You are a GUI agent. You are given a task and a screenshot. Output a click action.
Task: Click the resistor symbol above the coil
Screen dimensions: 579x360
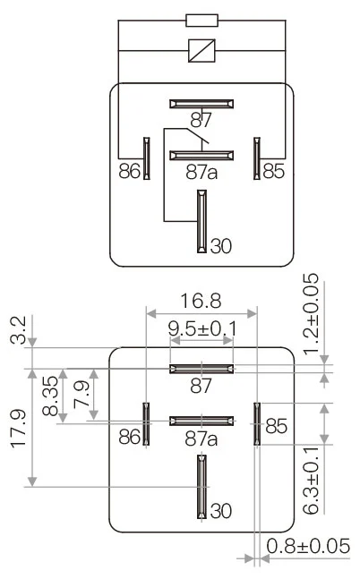point(201,20)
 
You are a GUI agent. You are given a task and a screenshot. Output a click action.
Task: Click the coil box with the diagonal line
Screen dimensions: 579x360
point(201,51)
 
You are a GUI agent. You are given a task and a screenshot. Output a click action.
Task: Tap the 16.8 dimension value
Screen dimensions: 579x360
point(201,300)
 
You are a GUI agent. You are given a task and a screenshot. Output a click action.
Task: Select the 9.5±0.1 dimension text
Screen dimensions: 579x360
point(202,330)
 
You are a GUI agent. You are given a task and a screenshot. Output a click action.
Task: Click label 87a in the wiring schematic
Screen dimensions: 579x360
point(201,171)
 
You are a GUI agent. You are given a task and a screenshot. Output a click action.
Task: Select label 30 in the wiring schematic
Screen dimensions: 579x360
point(220,244)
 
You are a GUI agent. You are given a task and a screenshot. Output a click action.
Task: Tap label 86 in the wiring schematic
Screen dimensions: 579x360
point(129,170)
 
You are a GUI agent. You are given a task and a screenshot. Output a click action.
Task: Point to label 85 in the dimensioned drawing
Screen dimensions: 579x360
point(276,428)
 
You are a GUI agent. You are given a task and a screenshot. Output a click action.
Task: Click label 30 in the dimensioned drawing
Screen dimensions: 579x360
point(220,511)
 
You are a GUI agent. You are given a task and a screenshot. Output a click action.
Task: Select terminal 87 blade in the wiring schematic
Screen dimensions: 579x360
point(201,104)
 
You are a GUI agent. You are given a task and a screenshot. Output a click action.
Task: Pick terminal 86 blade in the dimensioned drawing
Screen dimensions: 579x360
point(145,422)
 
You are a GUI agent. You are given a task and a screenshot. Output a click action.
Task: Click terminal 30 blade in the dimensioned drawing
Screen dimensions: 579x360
point(201,487)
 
